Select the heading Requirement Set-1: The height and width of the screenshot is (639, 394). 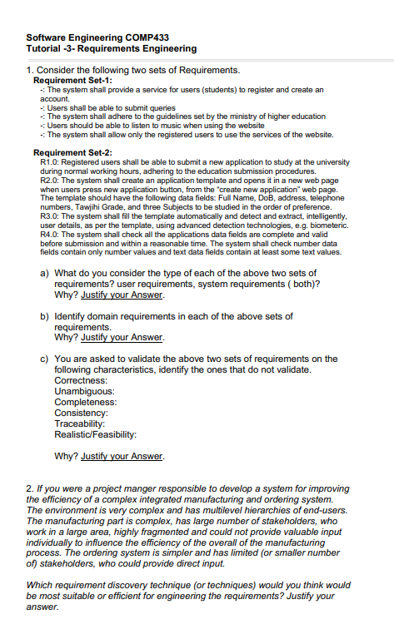pos(72,80)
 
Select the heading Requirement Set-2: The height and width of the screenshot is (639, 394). pos(72,153)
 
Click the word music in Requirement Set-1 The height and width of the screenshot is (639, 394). pos(175,126)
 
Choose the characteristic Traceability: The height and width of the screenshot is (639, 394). pos(81,424)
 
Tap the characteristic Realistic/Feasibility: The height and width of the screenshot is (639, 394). pos(94,434)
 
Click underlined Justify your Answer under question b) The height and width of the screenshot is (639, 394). pos(122,338)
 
